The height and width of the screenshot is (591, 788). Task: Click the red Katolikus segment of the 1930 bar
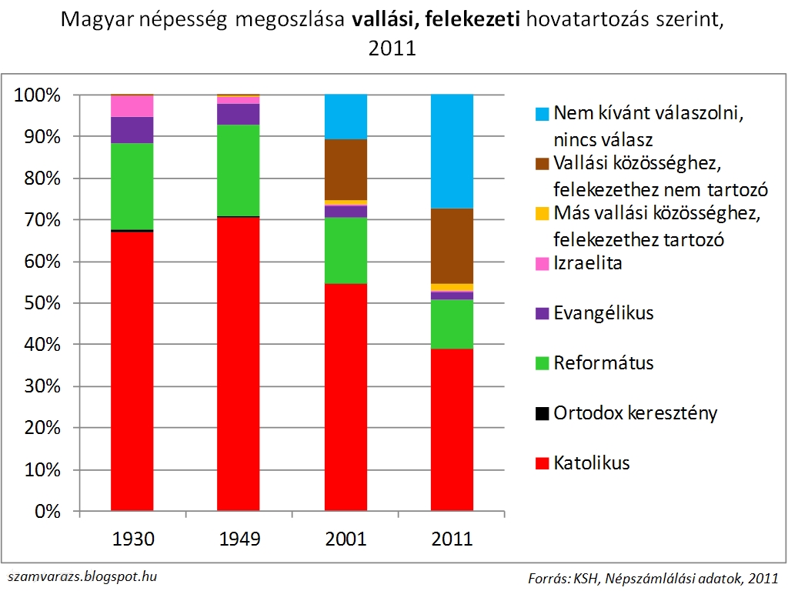[132, 369]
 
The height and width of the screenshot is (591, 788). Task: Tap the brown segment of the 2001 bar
[346, 169]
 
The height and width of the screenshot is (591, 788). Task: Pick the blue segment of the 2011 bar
[452, 151]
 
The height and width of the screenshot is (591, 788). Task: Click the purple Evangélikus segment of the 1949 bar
[239, 114]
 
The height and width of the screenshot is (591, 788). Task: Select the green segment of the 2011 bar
[452, 323]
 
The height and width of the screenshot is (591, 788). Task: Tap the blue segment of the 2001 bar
[346, 116]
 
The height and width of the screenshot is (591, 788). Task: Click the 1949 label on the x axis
[239, 539]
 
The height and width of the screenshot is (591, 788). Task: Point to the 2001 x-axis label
[346, 539]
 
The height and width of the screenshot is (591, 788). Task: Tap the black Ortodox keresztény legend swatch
[541, 414]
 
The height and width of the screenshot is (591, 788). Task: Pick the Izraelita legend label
[588, 264]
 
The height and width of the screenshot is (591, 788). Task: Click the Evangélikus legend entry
[603, 313]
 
